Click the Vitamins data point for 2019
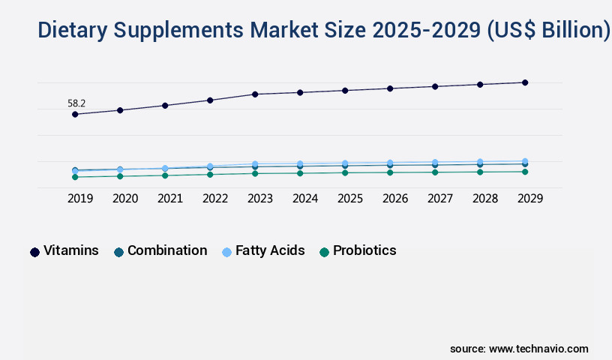[x=75, y=115]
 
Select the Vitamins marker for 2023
[x=255, y=94]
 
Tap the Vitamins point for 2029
[x=525, y=82]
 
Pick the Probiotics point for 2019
[x=75, y=177]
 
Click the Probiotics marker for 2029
[x=525, y=172]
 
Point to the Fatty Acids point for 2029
[x=525, y=161]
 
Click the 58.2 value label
[x=76, y=103]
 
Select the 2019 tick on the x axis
[x=80, y=199]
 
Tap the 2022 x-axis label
[x=215, y=199]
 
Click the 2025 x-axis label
[x=350, y=199]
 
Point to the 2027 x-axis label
[x=440, y=199]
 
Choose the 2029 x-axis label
[x=530, y=199]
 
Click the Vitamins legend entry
[x=70, y=251]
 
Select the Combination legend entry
[x=166, y=251]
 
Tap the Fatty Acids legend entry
[x=269, y=251]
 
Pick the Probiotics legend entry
[x=364, y=251]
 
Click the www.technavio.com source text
[x=538, y=349]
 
